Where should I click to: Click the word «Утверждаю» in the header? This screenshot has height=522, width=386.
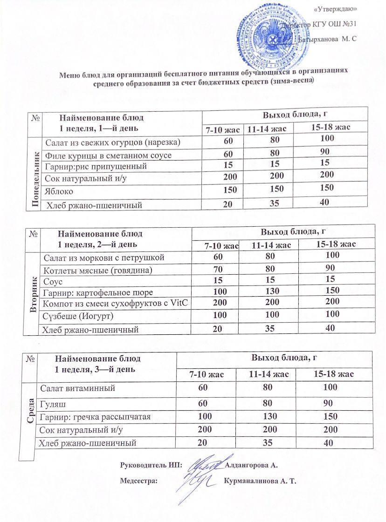pos(336,9)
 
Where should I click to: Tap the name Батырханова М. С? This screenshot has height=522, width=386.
pos(327,40)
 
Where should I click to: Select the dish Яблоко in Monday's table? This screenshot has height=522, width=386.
pos(59,191)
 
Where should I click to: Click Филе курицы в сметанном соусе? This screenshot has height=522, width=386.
pos(108,155)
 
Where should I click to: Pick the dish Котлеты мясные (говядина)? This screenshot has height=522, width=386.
pos(97,270)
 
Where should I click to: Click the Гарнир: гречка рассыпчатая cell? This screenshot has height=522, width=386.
pos(96,416)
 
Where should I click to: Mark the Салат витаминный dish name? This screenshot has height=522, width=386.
pos(77,387)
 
